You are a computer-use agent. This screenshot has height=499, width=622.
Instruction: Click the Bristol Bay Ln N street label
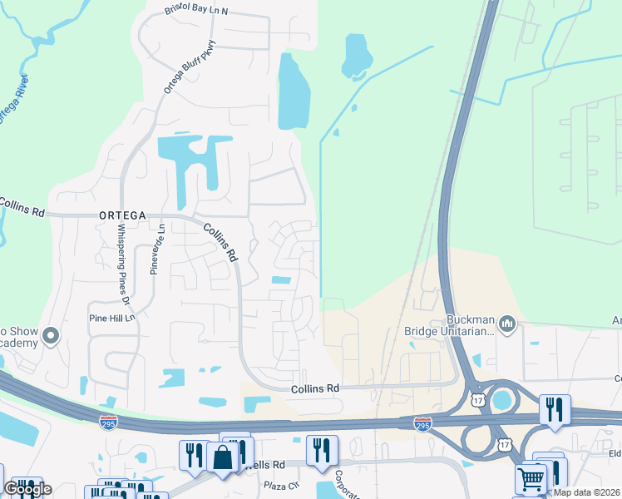[196, 10]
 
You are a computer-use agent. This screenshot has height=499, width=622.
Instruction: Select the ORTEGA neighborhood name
[122, 214]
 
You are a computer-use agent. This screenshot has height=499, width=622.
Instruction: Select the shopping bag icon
[223, 458]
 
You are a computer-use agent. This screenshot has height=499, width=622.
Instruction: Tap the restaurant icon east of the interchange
[555, 409]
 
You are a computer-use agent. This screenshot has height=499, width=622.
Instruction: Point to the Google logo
[27, 489]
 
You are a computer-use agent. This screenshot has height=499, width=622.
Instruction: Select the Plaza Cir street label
[280, 485]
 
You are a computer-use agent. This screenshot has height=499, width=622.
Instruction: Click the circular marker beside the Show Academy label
[51, 336]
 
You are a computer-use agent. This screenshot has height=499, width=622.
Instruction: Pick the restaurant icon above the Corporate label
[322, 451]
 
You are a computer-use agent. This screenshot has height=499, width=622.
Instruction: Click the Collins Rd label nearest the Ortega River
[22, 206]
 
